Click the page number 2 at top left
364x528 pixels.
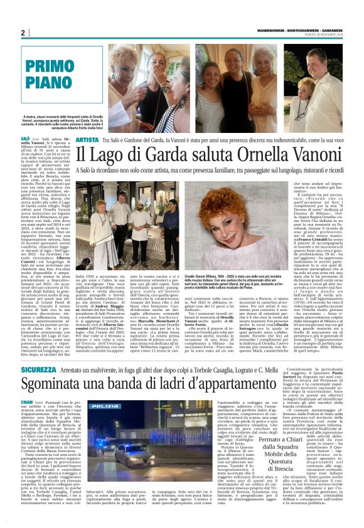point(23,34)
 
